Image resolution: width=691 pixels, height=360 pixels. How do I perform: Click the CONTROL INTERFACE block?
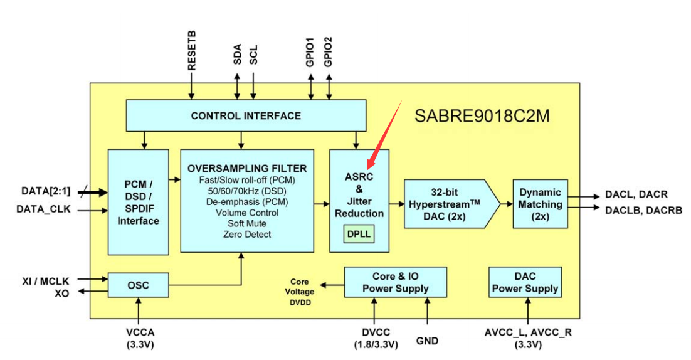(x=246, y=115)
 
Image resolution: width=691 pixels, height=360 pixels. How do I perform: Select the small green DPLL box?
(x=359, y=235)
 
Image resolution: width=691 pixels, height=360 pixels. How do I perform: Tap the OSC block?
(x=138, y=285)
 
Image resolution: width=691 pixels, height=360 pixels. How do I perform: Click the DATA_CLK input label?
(x=43, y=209)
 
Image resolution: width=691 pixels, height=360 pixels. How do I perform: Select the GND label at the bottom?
(x=427, y=341)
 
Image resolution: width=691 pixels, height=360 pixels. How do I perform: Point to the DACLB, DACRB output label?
(x=643, y=210)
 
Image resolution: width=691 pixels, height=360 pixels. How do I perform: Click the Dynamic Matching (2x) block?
(x=540, y=203)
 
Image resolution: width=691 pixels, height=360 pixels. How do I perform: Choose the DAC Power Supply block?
(x=525, y=283)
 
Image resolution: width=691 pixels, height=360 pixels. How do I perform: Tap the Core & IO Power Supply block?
(x=395, y=283)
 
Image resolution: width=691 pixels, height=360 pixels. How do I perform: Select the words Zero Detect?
(x=246, y=234)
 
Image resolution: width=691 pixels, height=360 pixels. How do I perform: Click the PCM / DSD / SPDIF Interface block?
(x=138, y=202)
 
